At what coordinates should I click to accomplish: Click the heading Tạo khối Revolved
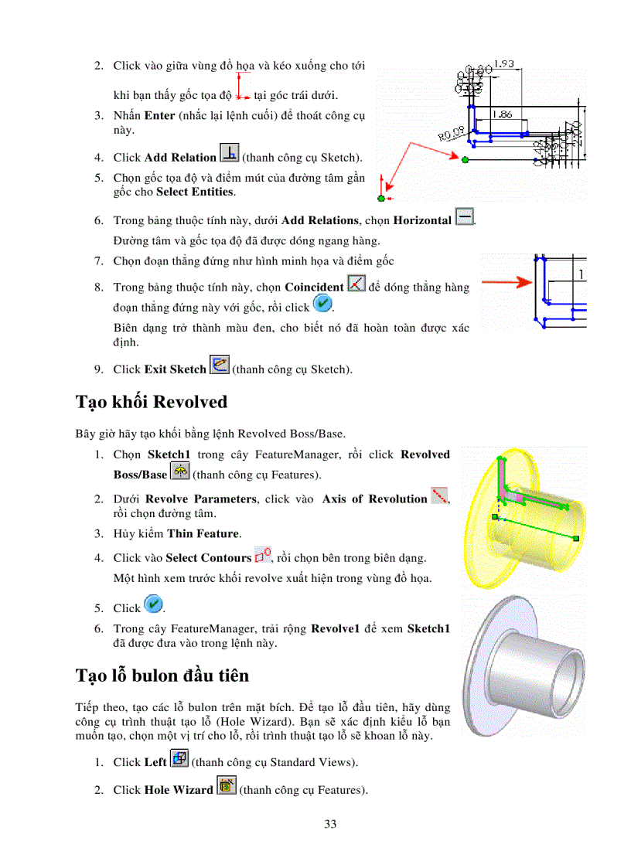[152, 403]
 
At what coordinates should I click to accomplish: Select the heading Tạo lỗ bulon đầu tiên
[162, 676]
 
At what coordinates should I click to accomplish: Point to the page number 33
[330, 824]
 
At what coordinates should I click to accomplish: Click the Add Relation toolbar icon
[230, 154]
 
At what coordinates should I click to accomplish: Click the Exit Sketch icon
[220, 366]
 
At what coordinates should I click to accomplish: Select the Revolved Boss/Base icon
[179, 471]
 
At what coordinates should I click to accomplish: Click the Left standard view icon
[179, 759]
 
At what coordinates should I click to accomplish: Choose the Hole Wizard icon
[227, 787]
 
